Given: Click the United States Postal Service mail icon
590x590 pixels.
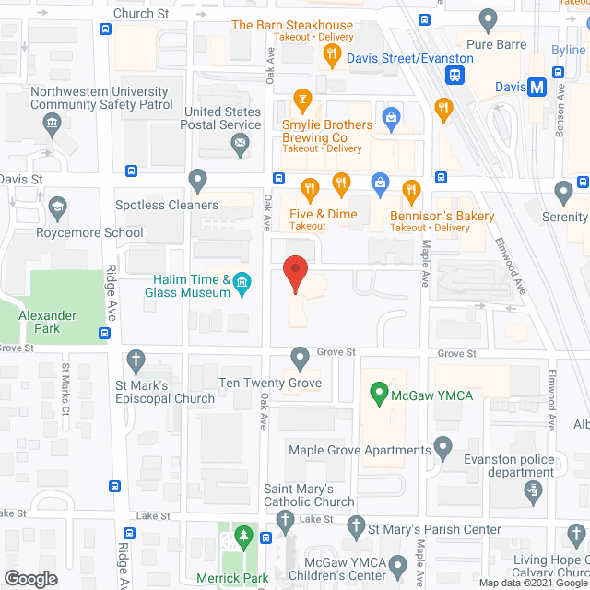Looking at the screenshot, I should [240, 143].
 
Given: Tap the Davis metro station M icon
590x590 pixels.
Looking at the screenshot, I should [537, 88].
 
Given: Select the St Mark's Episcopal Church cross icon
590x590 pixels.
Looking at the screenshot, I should [136, 359].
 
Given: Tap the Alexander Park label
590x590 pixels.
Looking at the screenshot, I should [47, 321].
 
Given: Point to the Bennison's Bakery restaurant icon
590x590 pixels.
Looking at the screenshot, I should [411, 192].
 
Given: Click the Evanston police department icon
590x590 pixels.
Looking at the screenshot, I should [532, 491].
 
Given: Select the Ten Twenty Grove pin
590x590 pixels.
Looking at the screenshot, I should [300, 357].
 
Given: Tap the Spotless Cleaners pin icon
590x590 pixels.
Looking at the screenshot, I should [196, 178].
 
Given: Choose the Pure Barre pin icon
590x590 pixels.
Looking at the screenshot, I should [489, 18].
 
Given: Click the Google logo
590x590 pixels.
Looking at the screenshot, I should [29, 578].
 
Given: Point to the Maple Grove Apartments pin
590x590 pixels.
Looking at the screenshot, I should [443, 449].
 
